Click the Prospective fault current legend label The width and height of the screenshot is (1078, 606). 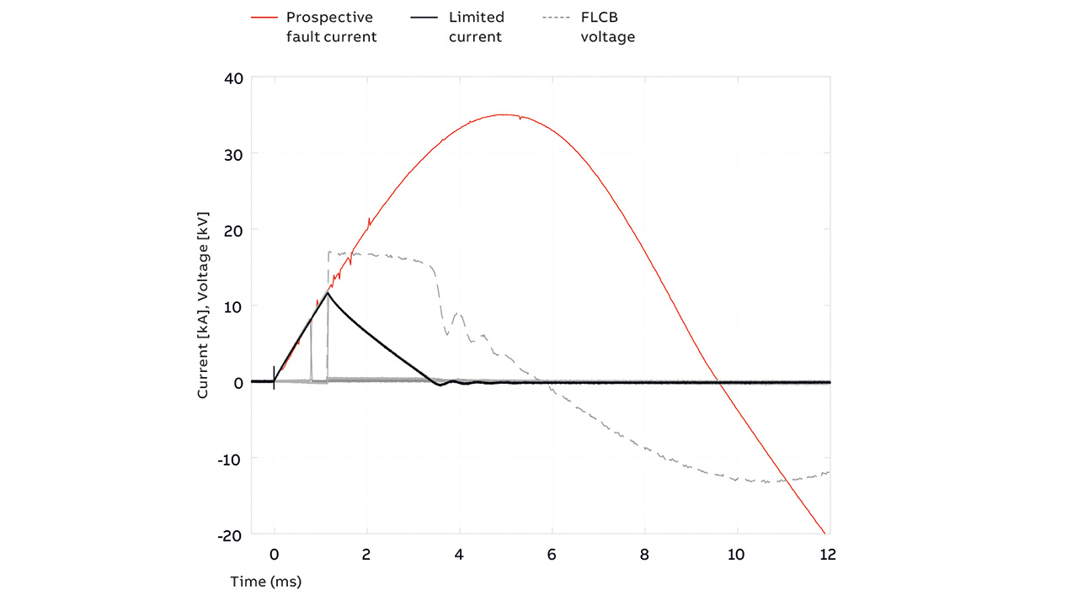click(329, 27)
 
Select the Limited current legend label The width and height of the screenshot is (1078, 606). click(476, 27)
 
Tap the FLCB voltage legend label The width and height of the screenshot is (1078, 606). click(607, 27)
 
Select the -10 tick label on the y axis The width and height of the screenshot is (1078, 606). click(228, 459)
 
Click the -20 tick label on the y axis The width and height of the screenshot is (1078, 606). click(228, 534)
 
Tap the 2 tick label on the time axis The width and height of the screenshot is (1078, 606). click(366, 555)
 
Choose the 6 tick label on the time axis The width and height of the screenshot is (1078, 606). click(552, 555)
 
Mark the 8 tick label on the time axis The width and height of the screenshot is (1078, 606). click(645, 555)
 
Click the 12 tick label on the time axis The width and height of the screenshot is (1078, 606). click(828, 555)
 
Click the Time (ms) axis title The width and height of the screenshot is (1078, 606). click(266, 582)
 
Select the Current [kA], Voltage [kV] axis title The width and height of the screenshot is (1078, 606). click(203, 306)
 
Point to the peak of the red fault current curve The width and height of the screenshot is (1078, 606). click(504, 114)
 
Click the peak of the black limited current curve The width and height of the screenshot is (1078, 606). click(328, 293)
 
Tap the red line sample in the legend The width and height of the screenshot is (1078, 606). click(264, 17)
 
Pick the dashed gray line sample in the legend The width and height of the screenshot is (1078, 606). click(557, 17)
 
